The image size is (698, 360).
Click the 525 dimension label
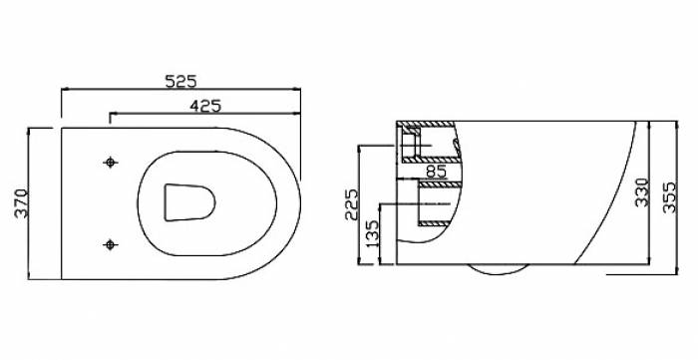click(180, 81)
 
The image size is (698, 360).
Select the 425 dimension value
click(205, 106)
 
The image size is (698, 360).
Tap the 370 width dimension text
click(21, 203)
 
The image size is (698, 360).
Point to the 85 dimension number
click(436, 171)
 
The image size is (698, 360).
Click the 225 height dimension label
click(351, 204)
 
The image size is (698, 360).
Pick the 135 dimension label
click(372, 233)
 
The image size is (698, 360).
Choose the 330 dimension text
click(642, 192)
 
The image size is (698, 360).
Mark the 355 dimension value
click(669, 197)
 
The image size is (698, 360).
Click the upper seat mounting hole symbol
click(110, 163)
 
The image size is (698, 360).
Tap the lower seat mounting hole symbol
click(110, 244)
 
